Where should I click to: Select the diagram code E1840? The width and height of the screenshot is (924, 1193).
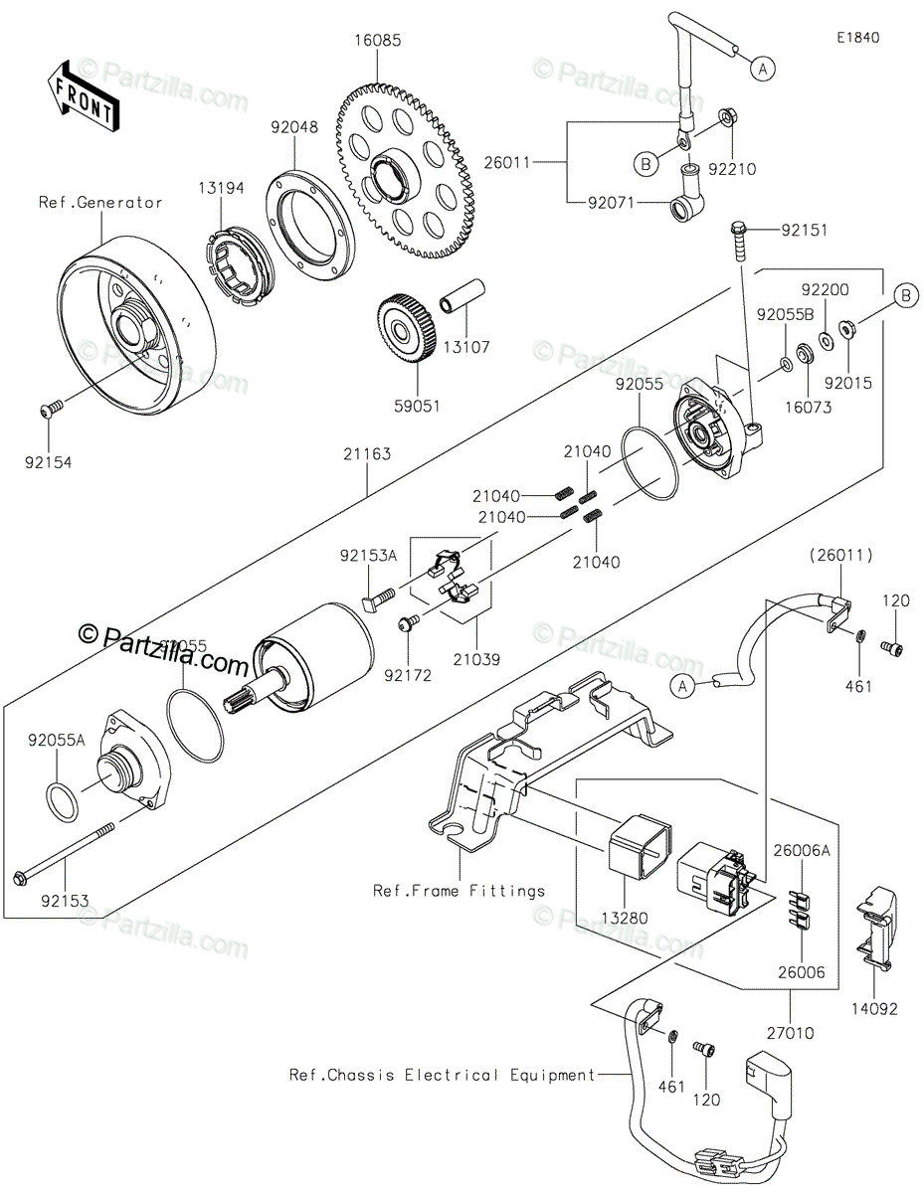858,38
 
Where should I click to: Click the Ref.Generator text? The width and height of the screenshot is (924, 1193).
100,203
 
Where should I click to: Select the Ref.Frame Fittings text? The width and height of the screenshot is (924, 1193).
459,890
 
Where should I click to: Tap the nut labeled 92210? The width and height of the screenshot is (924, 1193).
727,119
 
